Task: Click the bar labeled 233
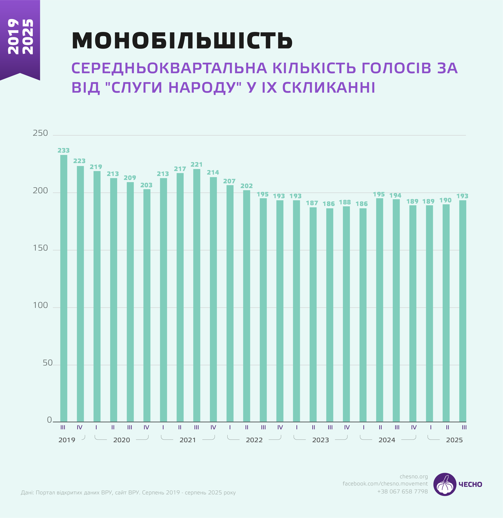tap(64, 288)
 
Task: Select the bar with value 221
tap(197, 295)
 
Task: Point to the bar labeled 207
tap(230, 303)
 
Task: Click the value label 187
tap(312, 203)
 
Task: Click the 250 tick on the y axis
tap(40, 133)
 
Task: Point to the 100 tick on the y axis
tap(40, 306)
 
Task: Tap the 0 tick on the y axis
tap(49, 420)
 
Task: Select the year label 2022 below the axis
tap(254, 440)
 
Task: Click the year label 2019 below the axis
tap(67, 440)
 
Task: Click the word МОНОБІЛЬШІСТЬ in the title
tap(182, 41)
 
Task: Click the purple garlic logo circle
tap(445, 484)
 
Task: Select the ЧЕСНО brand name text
tap(470, 484)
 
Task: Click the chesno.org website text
tap(414, 477)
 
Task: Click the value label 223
tap(79, 161)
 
